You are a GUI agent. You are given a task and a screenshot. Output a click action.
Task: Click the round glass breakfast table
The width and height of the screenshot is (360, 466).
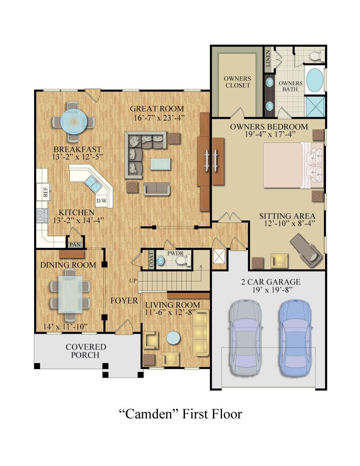click(x=74, y=121)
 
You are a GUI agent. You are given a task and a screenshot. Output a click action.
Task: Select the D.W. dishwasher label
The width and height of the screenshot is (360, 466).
click(x=102, y=201)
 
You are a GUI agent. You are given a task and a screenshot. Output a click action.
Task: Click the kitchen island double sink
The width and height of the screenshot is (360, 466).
click(x=93, y=183)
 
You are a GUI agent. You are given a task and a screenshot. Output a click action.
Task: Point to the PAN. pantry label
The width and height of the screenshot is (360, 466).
click(x=75, y=245)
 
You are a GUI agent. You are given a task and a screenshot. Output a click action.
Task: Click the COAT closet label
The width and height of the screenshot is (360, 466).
click(x=151, y=260)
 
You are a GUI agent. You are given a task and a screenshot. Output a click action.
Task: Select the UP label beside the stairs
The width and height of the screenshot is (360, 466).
click(x=133, y=281)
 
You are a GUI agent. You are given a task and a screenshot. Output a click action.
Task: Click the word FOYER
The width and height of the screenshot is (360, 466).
click(x=124, y=301)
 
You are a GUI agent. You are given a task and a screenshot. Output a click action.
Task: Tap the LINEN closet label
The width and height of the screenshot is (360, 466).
click(x=268, y=58)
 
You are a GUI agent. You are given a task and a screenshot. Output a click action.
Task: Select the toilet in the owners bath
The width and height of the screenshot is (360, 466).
click(x=317, y=55)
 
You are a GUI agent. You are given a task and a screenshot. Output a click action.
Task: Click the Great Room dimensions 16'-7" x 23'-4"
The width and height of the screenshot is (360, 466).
click(x=159, y=118)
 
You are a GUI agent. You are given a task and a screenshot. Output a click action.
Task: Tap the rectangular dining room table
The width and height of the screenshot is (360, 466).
click(x=71, y=294)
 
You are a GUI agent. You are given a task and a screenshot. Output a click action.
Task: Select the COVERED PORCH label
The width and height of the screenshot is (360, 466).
click(x=86, y=351)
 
